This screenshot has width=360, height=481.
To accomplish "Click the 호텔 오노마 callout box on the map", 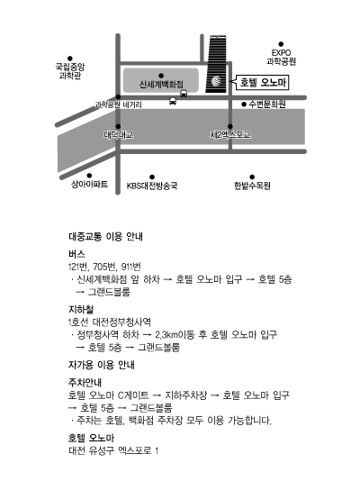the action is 263,83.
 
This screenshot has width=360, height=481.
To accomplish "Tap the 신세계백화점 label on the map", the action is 161,85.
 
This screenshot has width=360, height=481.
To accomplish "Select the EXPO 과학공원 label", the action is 281,57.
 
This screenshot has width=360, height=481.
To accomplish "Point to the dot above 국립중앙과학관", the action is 70,59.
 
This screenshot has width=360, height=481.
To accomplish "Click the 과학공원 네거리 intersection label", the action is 118,104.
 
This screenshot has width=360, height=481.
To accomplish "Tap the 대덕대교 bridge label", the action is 119,135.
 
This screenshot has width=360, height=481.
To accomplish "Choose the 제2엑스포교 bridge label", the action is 230,135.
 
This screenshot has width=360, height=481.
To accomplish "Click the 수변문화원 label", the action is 267,104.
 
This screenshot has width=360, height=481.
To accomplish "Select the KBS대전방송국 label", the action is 152,186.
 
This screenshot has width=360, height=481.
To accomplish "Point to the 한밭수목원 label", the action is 252,186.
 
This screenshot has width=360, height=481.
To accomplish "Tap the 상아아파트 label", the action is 89,184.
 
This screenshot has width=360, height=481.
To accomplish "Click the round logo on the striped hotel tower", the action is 216,81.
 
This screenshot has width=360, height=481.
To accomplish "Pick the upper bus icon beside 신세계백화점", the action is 184,94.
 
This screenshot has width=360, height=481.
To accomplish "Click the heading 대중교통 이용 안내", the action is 105,237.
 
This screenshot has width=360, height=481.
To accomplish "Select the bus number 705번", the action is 105,267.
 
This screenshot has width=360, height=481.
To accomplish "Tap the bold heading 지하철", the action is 81,309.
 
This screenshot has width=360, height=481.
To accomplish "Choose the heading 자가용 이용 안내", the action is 102,365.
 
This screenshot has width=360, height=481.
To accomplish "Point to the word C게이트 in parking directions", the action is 133,395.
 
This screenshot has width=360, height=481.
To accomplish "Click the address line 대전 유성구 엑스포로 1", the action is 113,450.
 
